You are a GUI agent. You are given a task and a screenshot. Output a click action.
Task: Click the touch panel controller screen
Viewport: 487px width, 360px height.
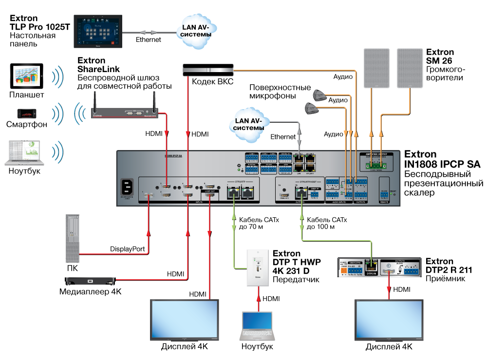point(98,31)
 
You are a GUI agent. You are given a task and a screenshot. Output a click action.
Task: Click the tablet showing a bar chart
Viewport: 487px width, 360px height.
point(27,76)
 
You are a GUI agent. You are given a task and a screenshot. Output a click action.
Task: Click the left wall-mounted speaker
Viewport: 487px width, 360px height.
point(376,68)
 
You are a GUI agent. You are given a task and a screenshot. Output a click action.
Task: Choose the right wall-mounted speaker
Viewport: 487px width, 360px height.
point(410,68)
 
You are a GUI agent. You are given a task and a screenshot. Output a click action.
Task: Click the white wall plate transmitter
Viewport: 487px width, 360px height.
point(258,267)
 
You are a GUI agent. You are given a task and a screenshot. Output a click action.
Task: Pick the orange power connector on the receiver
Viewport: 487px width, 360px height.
point(344,268)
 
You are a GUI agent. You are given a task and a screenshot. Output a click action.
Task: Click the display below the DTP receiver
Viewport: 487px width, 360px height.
point(389,320)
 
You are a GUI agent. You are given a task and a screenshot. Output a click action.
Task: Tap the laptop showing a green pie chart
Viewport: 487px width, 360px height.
point(24,152)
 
